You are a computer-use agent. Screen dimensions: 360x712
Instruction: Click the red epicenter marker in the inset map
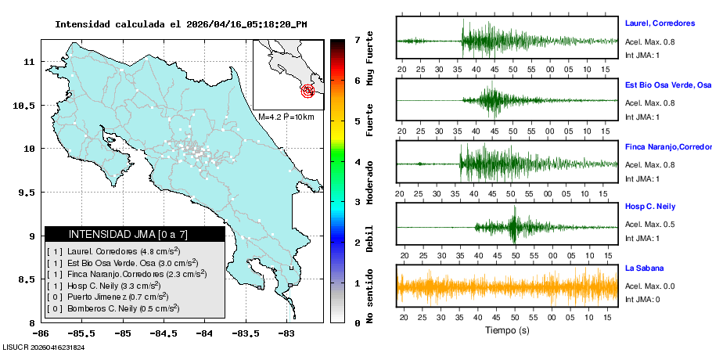(x=308, y=92)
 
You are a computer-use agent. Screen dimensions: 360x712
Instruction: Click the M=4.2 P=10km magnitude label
(x=286, y=117)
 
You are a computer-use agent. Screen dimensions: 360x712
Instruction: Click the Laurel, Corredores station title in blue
(x=660, y=23)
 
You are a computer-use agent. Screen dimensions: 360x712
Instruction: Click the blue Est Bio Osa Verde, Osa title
(x=667, y=85)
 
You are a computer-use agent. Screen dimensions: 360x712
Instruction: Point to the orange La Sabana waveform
(x=507, y=287)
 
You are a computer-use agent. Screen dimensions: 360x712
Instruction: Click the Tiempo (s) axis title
(x=507, y=331)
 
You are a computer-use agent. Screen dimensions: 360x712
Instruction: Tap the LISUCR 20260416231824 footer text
(x=43, y=347)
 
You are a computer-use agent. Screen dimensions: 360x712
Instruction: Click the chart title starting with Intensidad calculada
(x=181, y=24)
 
